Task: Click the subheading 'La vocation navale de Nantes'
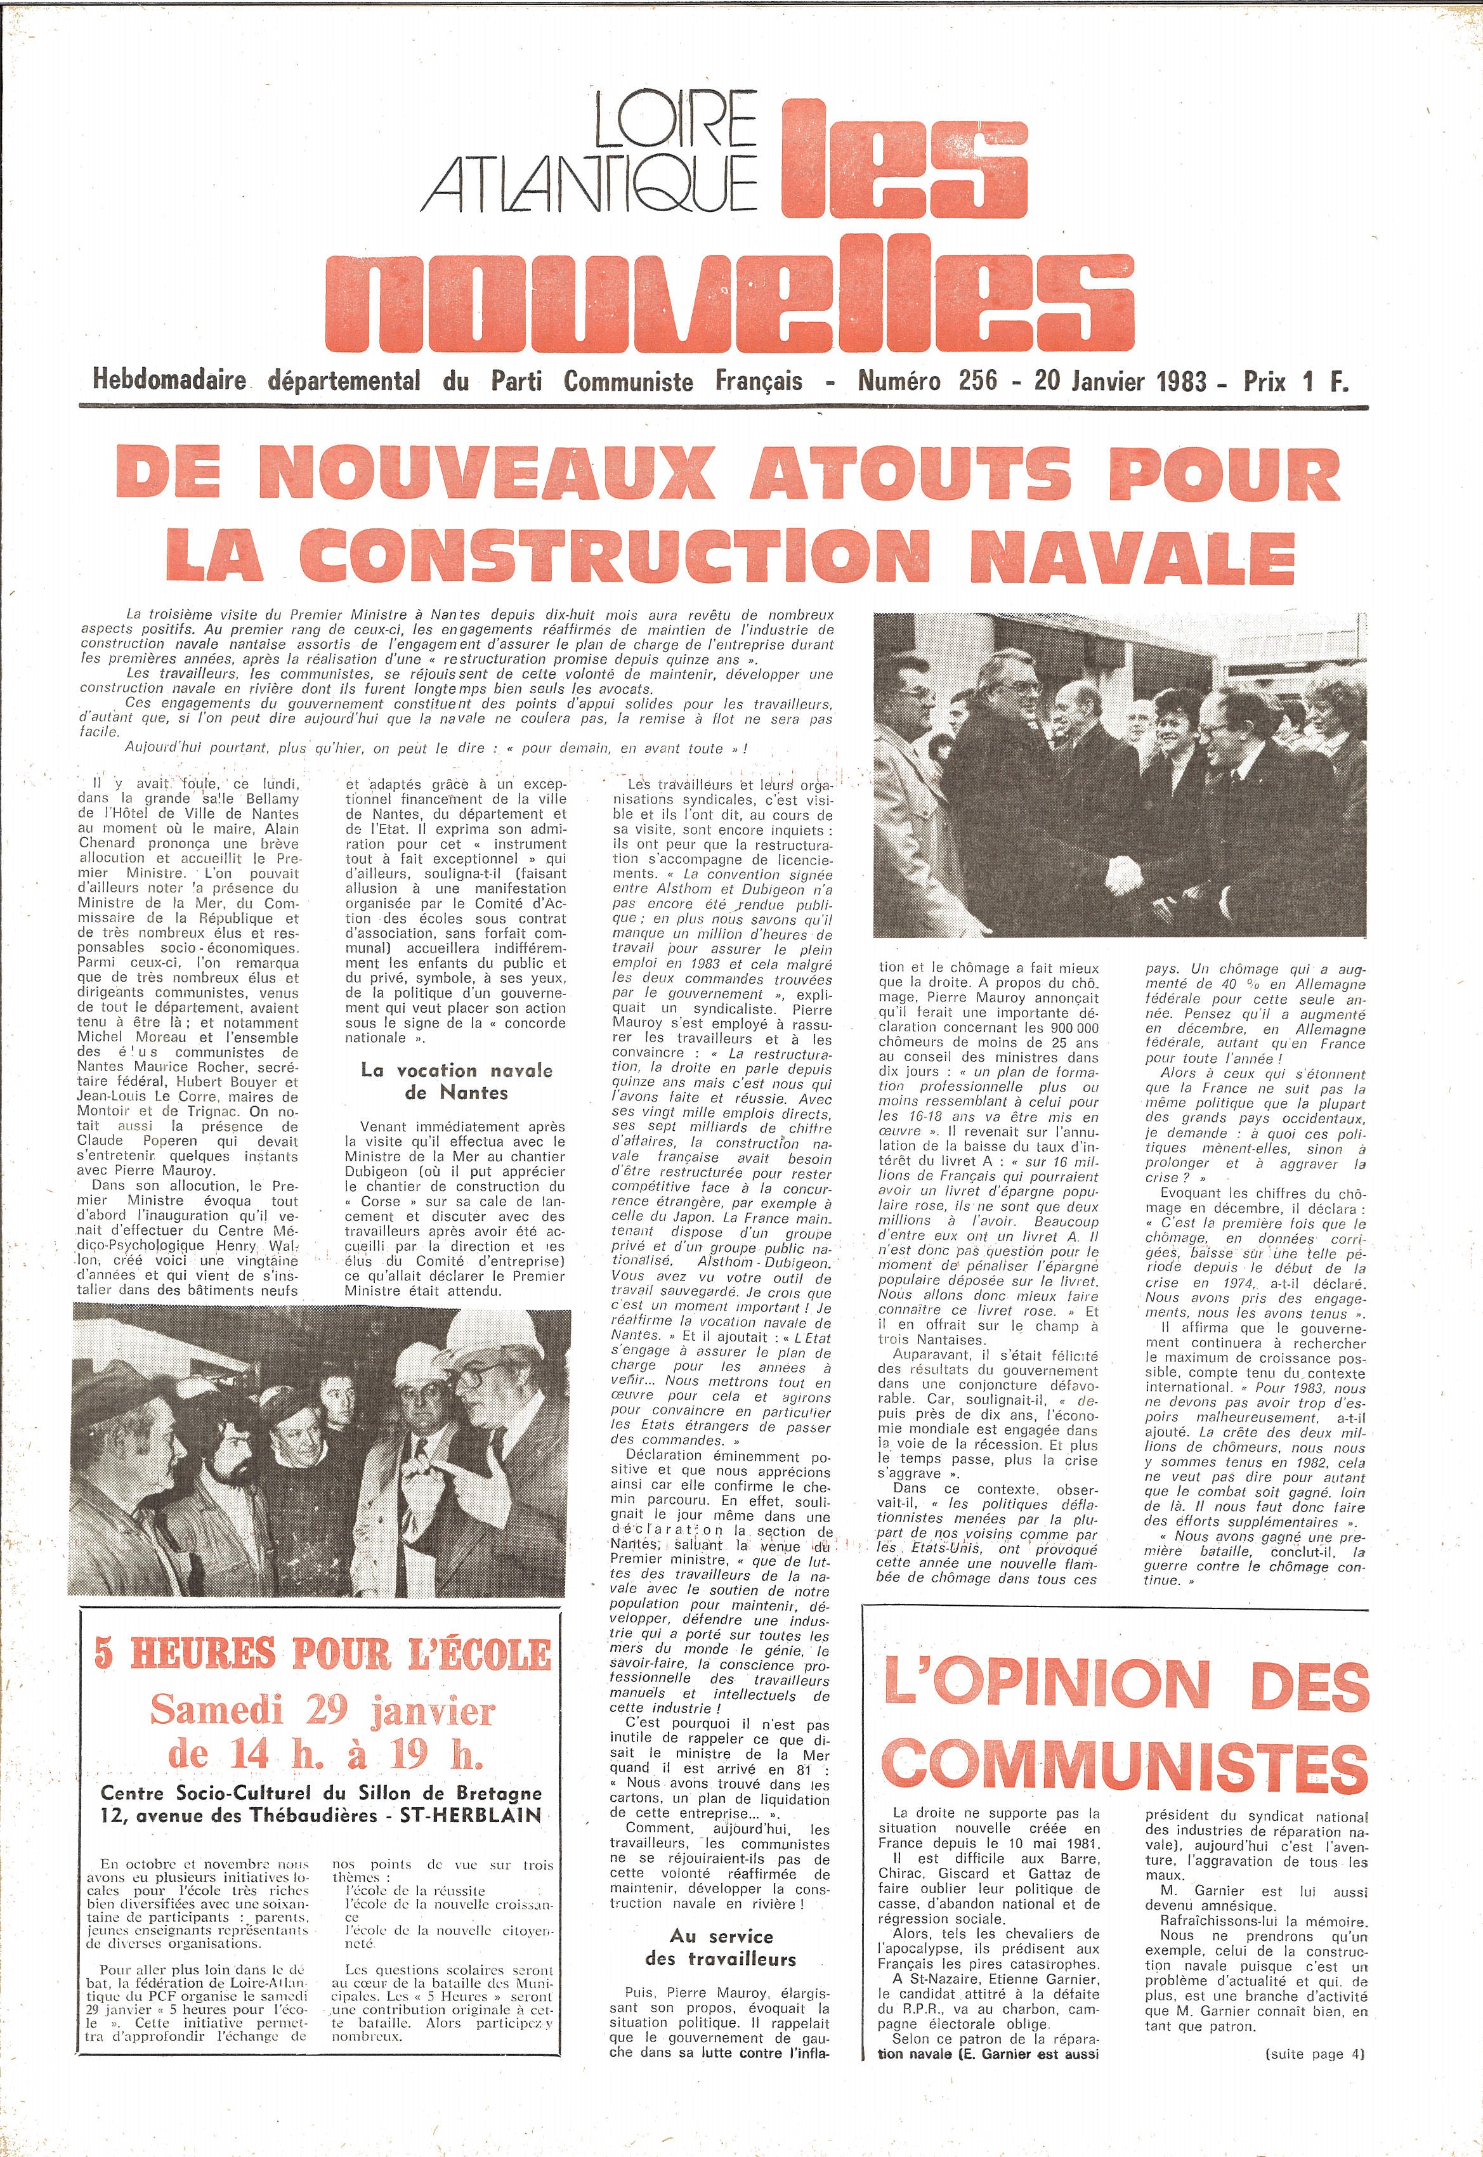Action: tap(455, 1081)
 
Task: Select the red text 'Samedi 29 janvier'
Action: tap(322, 1709)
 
